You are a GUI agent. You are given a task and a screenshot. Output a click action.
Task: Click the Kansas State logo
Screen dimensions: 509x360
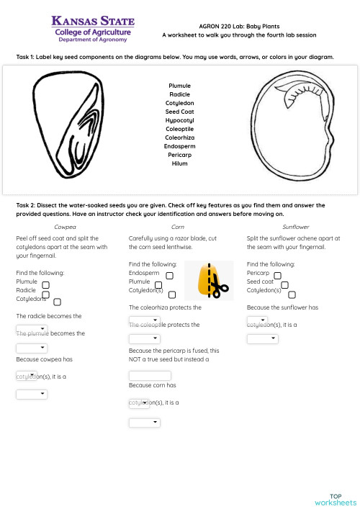coord(91,30)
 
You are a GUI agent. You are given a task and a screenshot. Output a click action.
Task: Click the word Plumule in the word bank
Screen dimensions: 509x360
coord(179,86)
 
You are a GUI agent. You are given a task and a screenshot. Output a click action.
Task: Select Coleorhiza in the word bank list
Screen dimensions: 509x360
coord(179,138)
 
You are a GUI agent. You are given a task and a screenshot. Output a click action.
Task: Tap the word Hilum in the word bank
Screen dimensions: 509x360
coord(179,163)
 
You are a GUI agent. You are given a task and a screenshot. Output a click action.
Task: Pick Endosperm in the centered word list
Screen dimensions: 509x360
coord(179,146)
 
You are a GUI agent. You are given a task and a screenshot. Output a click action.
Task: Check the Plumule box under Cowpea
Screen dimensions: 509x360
coord(45,285)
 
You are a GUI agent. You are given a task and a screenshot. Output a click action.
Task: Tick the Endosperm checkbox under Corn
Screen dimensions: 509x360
coord(169,275)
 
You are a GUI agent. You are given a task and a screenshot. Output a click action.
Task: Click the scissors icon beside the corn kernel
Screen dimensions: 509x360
coord(220,289)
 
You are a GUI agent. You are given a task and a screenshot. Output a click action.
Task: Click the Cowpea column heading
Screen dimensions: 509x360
coord(65,227)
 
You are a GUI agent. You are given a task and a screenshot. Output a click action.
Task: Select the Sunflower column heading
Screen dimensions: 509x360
coord(296,227)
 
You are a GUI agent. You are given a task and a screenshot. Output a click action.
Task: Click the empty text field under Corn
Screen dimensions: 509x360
coord(150,375)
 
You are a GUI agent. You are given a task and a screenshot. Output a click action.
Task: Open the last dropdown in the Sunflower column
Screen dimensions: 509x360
coord(262,338)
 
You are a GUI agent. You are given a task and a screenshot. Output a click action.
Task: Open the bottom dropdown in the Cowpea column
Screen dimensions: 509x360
coord(32,394)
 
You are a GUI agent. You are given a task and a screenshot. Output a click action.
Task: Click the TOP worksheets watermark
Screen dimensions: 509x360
coord(335,500)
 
